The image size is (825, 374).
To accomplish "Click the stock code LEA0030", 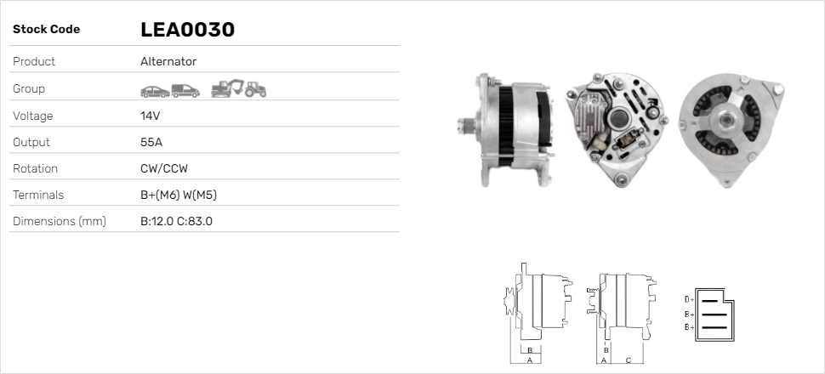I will pos(187,30).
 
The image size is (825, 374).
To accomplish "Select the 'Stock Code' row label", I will pos(46,30).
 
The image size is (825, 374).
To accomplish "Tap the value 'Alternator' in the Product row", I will pos(168,61).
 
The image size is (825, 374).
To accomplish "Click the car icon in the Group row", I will pos(154,89).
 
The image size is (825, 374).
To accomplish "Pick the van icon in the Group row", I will pos(185,89).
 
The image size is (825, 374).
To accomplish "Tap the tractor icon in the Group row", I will pos(255,88).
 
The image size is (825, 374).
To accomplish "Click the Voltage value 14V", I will pos(151,116).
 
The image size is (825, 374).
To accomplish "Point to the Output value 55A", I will pos(151,142).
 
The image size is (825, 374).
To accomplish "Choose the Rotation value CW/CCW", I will pos(164,168).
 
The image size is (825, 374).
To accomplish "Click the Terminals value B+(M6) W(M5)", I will pos(179,195).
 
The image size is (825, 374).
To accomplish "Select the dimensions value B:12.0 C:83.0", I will pos(176,221).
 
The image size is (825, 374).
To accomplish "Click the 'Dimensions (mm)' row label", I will pos(59,221).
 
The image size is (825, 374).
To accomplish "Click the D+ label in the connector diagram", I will pos(689,300).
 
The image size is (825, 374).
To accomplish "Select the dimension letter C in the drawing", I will pos(627,360).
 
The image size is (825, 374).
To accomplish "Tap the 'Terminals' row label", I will pos(38,195).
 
